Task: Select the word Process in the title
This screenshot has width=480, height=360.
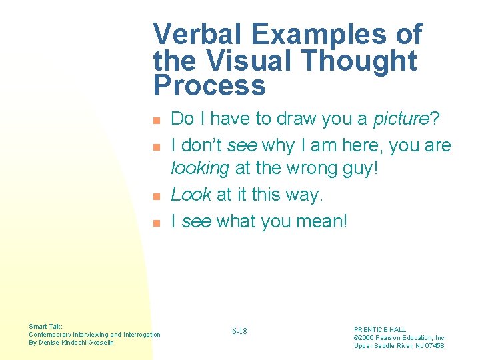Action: (209, 86)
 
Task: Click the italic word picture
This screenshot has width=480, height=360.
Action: (401, 119)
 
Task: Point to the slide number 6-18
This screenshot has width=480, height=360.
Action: (239, 331)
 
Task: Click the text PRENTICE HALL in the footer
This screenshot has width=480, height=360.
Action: (380, 329)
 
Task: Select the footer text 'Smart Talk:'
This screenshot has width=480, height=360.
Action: (45, 326)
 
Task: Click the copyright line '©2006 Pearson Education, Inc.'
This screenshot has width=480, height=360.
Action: (399, 337)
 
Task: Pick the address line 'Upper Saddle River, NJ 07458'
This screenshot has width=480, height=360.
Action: (399, 345)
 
